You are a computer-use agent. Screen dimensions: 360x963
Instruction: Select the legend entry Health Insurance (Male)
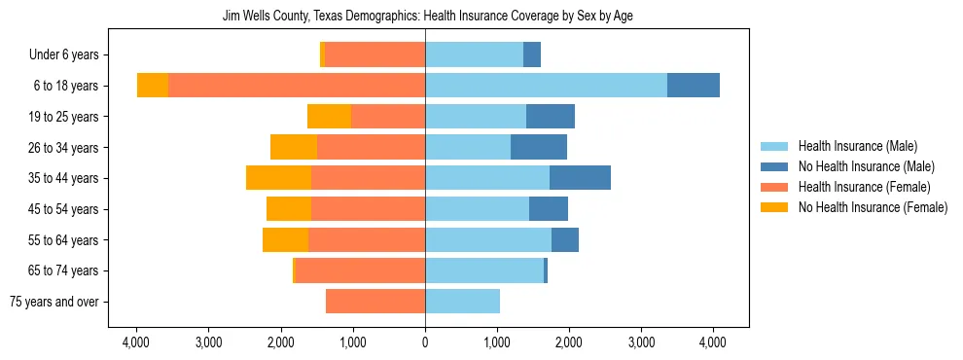point(856,146)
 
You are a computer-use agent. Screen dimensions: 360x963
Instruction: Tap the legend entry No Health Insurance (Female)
point(871,207)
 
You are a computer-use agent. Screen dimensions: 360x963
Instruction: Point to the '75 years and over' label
point(54,302)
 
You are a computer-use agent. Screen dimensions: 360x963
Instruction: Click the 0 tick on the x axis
point(425,342)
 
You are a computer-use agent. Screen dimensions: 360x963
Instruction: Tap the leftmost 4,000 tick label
point(136,342)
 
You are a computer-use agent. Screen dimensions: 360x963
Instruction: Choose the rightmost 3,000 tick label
point(641,342)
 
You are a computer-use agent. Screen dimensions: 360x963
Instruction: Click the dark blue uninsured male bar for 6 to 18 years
point(694,86)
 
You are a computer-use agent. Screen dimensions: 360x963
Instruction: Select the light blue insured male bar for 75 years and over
point(462,302)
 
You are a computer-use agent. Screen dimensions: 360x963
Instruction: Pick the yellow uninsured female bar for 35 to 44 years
point(278,178)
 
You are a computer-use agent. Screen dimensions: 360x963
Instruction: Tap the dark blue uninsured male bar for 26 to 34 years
point(539,148)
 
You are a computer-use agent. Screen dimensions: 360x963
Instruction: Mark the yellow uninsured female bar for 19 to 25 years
point(329,117)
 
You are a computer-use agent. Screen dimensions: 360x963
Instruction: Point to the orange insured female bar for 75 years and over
point(375,302)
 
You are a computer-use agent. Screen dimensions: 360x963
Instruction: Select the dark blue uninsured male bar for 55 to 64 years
point(565,240)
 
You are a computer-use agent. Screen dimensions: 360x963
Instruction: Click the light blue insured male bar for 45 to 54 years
point(477,209)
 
